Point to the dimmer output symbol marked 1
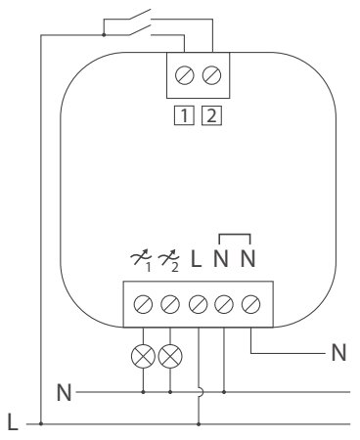(143, 262)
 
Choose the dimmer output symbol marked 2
(171, 262)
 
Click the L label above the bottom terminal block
(197, 262)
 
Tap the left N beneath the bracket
(223, 262)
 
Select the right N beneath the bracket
(251, 262)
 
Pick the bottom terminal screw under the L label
(199, 303)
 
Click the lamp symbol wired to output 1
(144, 351)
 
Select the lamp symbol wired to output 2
(171, 351)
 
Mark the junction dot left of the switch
(104, 36)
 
